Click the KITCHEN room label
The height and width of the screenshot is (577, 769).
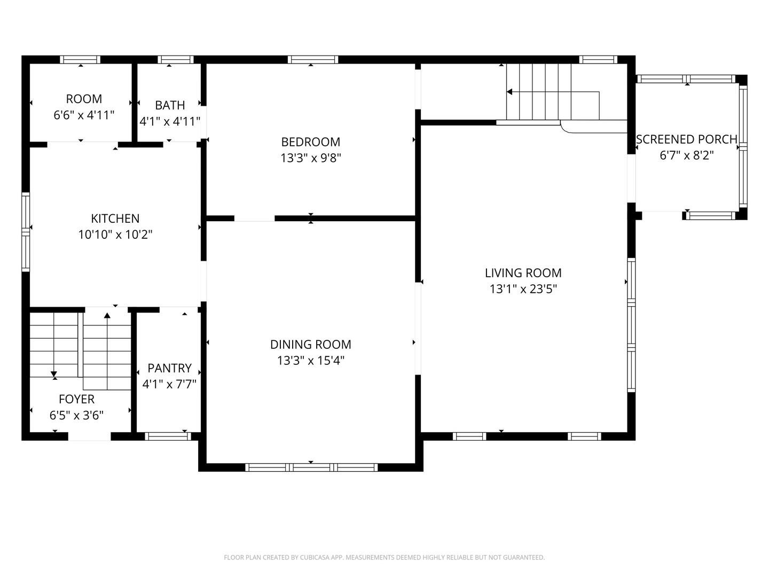point(115,219)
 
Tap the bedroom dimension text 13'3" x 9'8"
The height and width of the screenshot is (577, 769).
point(310,158)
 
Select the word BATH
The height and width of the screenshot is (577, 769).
point(170,105)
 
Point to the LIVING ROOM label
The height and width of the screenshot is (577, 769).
point(523,273)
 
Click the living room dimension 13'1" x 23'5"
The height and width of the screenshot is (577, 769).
point(523,289)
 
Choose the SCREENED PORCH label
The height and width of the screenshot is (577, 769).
point(686,139)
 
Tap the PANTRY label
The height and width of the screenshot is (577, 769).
point(169,368)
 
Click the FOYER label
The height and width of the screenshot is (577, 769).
point(76,399)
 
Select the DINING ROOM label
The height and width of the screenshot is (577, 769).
point(310,345)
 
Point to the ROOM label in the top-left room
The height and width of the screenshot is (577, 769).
point(84,99)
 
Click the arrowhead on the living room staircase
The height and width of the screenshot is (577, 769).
point(509,92)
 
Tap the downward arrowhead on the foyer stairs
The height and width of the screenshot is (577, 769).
point(54,374)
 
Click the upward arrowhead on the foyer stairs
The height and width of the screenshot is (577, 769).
point(107,316)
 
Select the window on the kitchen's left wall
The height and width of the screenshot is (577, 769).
point(25,232)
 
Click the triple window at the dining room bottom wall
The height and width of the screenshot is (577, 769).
point(311,467)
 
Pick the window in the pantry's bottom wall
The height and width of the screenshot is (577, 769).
point(168,436)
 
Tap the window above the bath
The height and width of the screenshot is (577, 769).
point(176,60)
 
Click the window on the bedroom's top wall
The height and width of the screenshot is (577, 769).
point(312,60)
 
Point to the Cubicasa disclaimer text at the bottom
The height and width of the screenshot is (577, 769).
point(384,557)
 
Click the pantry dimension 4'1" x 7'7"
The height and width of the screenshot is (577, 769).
point(169,384)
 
